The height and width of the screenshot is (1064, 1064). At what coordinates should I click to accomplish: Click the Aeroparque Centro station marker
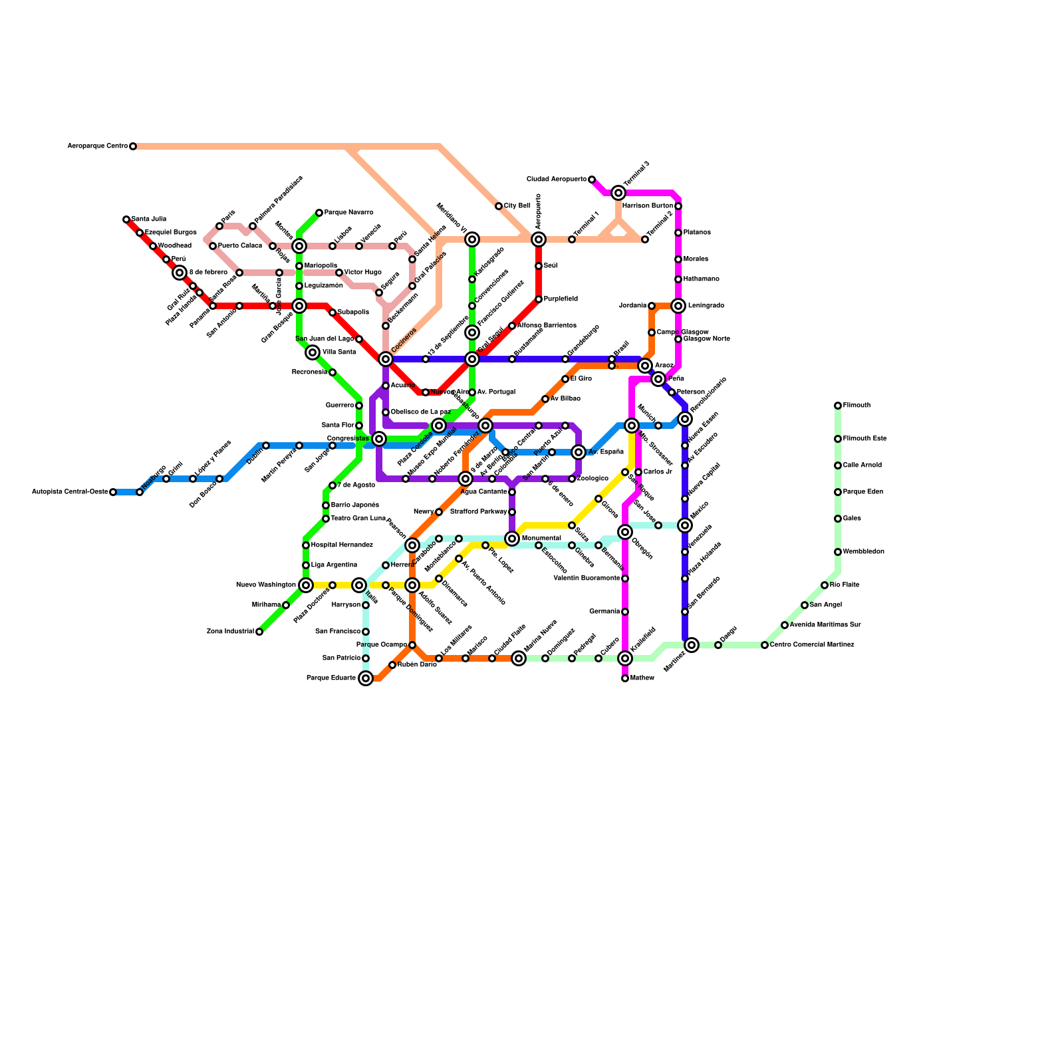click(x=133, y=146)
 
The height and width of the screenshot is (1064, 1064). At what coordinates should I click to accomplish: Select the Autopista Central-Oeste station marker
click(x=113, y=492)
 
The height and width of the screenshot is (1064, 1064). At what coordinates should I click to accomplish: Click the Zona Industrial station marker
click(x=259, y=632)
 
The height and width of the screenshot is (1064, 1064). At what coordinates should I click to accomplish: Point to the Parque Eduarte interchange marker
click(x=366, y=678)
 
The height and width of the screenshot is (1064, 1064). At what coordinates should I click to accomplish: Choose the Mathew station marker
click(x=625, y=678)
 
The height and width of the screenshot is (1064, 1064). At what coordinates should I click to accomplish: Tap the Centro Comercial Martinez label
click(x=812, y=645)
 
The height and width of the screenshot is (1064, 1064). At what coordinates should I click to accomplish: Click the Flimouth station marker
click(x=838, y=406)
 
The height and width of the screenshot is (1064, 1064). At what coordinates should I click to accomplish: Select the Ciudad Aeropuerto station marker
click(x=592, y=180)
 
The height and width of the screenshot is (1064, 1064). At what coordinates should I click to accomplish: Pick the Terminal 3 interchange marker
click(x=618, y=193)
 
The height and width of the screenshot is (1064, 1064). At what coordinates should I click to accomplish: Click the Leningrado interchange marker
click(x=678, y=306)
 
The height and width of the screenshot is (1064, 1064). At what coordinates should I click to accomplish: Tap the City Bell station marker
click(x=499, y=206)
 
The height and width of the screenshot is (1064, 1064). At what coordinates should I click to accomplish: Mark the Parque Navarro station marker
click(x=319, y=213)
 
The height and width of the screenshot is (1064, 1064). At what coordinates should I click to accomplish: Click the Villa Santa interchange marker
click(x=313, y=352)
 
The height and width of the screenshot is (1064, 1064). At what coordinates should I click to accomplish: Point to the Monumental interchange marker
click(x=512, y=539)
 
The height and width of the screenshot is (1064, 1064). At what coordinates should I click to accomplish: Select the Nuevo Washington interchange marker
click(x=306, y=585)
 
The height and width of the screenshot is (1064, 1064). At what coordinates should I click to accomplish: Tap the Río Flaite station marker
click(x=825, y=585)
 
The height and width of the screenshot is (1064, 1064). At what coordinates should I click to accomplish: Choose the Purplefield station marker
click(x=539, y=299)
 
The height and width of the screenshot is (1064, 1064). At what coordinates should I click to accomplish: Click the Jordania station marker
click(x=652, y=306)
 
